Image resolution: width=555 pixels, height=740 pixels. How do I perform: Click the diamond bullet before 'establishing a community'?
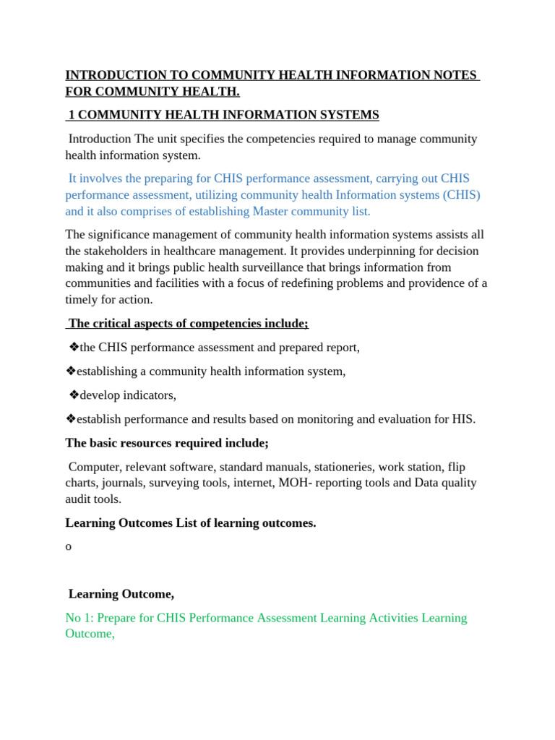pos(71,371)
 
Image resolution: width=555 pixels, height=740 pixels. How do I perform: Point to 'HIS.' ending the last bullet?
pos(464,419)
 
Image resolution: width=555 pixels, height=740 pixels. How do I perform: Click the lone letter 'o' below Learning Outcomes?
pos(69,547)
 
